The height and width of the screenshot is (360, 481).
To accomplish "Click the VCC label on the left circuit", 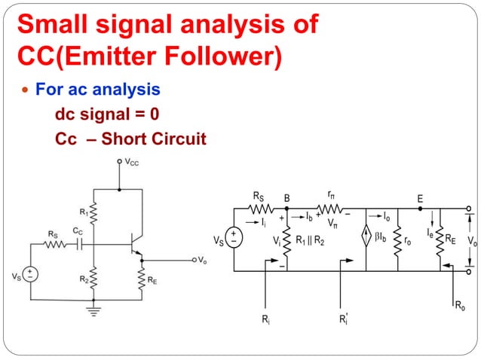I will [x=131, y=161].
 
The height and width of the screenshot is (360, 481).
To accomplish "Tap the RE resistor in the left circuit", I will [x=142, y=278].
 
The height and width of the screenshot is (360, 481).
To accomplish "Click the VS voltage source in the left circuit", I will [x=30, y=275].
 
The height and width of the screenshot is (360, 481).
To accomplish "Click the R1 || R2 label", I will [x=310, y=241].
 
